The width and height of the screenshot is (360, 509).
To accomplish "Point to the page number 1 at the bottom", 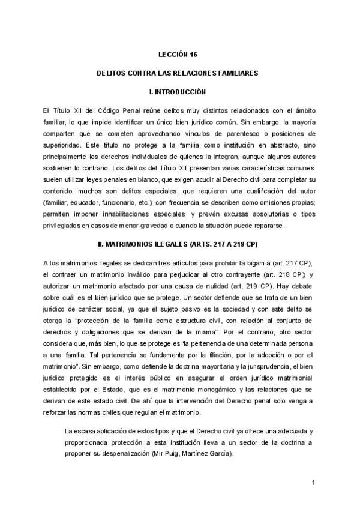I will point(314,483).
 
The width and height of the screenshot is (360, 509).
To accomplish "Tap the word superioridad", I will point(62,144).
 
